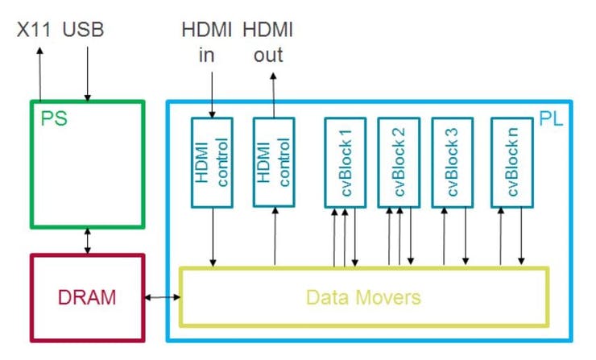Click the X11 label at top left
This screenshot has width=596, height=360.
coord(35,31)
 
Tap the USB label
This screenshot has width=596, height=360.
coord(84,31)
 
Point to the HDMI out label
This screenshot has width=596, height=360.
coord(269,43)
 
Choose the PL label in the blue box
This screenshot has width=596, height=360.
coord(551,118)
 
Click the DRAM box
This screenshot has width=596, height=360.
coord(87,297)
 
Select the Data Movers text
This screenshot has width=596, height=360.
coord(363,297)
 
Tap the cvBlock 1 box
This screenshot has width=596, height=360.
coord(345,163)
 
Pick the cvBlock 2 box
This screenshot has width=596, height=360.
coord(399,163)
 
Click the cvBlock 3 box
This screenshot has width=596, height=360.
coord(453,163)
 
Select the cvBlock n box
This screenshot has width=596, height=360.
coord(511,163)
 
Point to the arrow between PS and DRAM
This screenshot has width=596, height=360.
coord(88,240)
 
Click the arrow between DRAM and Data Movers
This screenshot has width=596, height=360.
coord(161,298)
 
